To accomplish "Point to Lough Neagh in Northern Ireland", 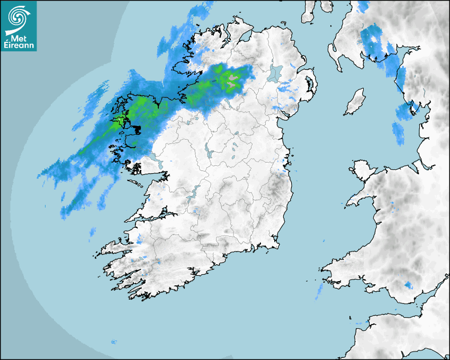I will [275, 73].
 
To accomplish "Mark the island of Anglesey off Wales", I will [363, 168].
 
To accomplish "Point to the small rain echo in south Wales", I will [408, 285].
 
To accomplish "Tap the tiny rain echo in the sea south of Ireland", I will [113, 342].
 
